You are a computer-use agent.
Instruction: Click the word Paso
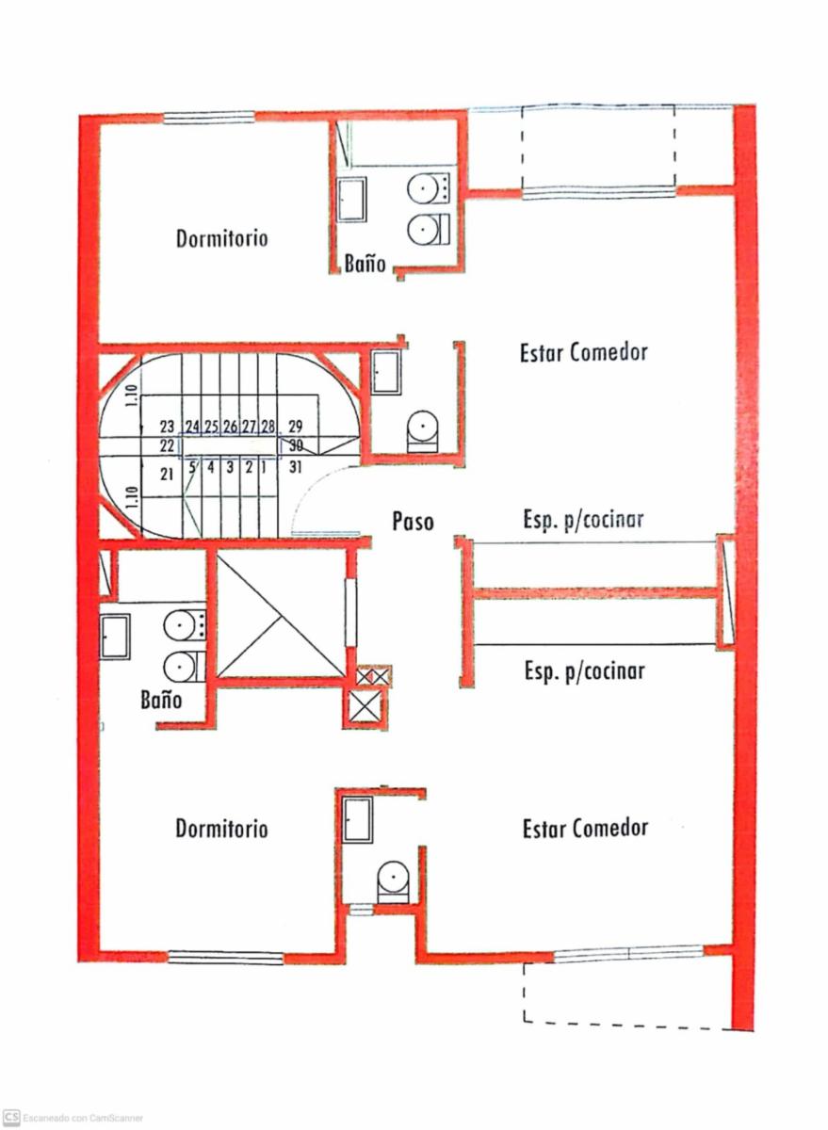413,521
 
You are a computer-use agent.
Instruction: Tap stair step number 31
295,468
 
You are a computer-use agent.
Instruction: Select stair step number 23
167,427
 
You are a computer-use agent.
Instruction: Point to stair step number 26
230,427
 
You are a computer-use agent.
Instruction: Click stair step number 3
230,468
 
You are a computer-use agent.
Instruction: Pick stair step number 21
167,475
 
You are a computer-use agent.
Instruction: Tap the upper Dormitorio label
221,238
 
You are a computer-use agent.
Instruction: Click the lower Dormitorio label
221,829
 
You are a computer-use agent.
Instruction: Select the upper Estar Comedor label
584,352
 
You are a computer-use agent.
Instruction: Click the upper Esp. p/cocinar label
583,520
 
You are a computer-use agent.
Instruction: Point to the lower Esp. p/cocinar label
584,671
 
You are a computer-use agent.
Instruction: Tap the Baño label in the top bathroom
365,263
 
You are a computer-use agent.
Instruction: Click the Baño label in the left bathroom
161,700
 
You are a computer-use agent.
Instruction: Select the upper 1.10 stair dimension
131,397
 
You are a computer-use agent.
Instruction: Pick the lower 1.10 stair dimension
132,498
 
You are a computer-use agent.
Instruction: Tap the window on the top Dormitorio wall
209,117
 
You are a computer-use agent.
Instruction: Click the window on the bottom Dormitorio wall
225,958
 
